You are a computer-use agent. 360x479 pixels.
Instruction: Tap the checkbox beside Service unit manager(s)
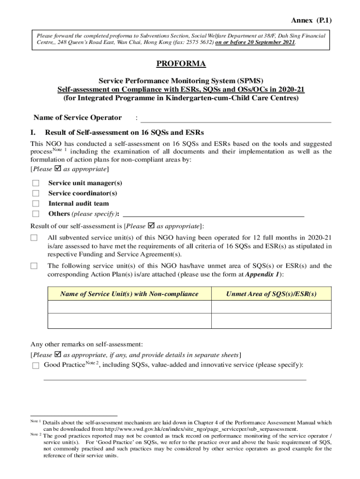point(35,183)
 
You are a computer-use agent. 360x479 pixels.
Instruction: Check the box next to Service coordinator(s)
point(35,193)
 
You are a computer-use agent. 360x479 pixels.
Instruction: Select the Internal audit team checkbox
point(35,203)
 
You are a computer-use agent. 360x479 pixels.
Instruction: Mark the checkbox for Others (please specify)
point(35,214)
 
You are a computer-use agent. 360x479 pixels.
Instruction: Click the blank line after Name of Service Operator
point(236,119)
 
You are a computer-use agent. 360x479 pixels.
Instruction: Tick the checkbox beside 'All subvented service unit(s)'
point(34,238)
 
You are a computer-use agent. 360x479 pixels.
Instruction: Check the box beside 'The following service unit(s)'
point(34,266)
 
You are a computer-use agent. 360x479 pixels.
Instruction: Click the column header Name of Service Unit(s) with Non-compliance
point(130,294)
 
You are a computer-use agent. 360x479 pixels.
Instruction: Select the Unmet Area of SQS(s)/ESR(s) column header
point(271,294)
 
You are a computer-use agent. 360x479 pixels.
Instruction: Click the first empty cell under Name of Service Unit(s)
point(130,307)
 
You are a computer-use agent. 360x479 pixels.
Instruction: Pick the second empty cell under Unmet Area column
point(271,321)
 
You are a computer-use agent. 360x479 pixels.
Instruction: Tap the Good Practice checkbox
point(36,366)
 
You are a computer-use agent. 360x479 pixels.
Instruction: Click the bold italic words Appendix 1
point(263,275)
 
